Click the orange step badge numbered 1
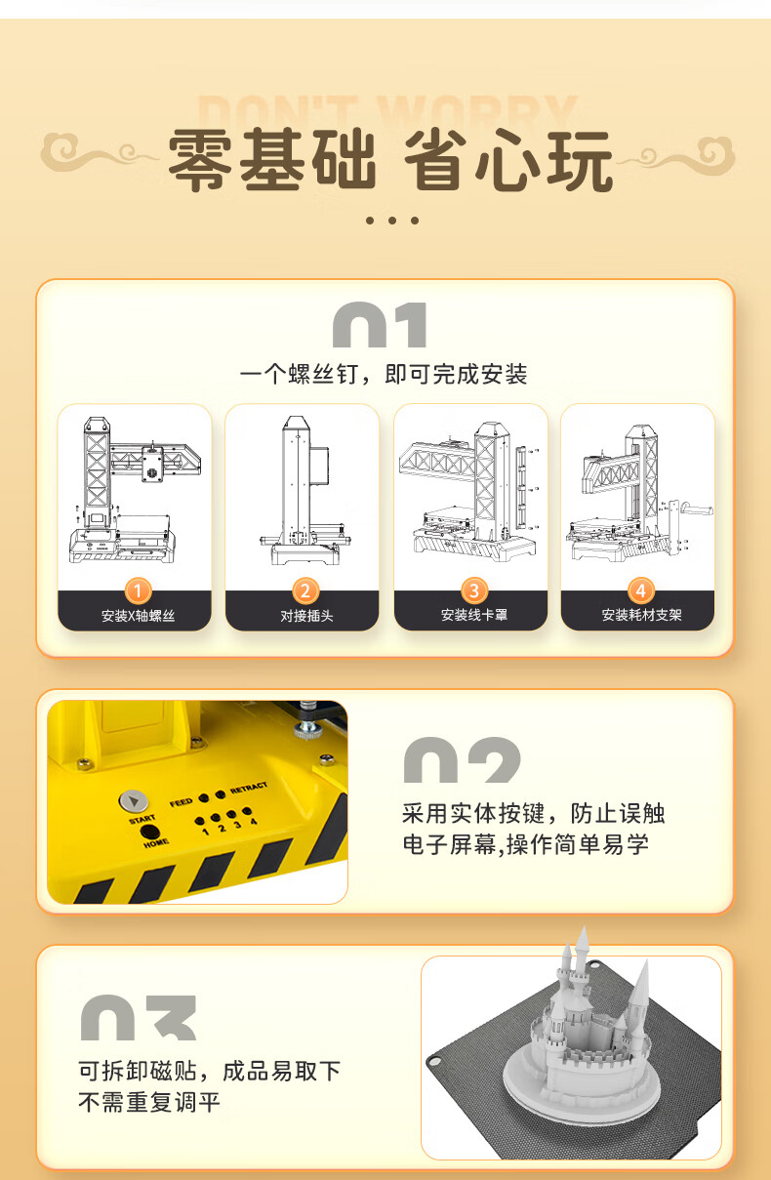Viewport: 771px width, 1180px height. click(x=138, y=591)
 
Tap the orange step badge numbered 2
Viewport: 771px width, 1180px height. click(x=305, y=591)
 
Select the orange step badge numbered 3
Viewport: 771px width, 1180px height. click(x=474, y=591)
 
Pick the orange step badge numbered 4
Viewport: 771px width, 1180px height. click(x=641, y=591)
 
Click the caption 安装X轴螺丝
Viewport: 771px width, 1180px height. click(x=138, y=616)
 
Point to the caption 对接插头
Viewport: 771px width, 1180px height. click(x=306, y=616)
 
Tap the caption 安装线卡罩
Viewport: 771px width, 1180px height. click(x=474, y=615)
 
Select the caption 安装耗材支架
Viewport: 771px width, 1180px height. click(x=641, y=615)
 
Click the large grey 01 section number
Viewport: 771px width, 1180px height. click(x=380, y=324)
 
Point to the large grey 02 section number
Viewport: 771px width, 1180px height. click(x=462, y=759)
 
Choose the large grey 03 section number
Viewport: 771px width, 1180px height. click(x=139, y=1017)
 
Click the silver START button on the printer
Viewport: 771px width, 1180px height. click(x=134, y=801)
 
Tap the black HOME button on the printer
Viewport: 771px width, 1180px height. click(x=150, y=833)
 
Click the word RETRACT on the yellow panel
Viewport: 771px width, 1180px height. click(x=249, y=788)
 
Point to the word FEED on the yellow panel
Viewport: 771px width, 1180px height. click(x=181, y=802)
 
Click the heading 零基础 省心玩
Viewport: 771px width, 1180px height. click(x=390, y=159)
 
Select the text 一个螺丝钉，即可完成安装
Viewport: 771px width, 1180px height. click(x=384, y=375)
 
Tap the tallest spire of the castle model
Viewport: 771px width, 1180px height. click(x=582, y=950)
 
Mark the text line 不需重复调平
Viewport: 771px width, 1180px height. click(x=149, y=1102)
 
